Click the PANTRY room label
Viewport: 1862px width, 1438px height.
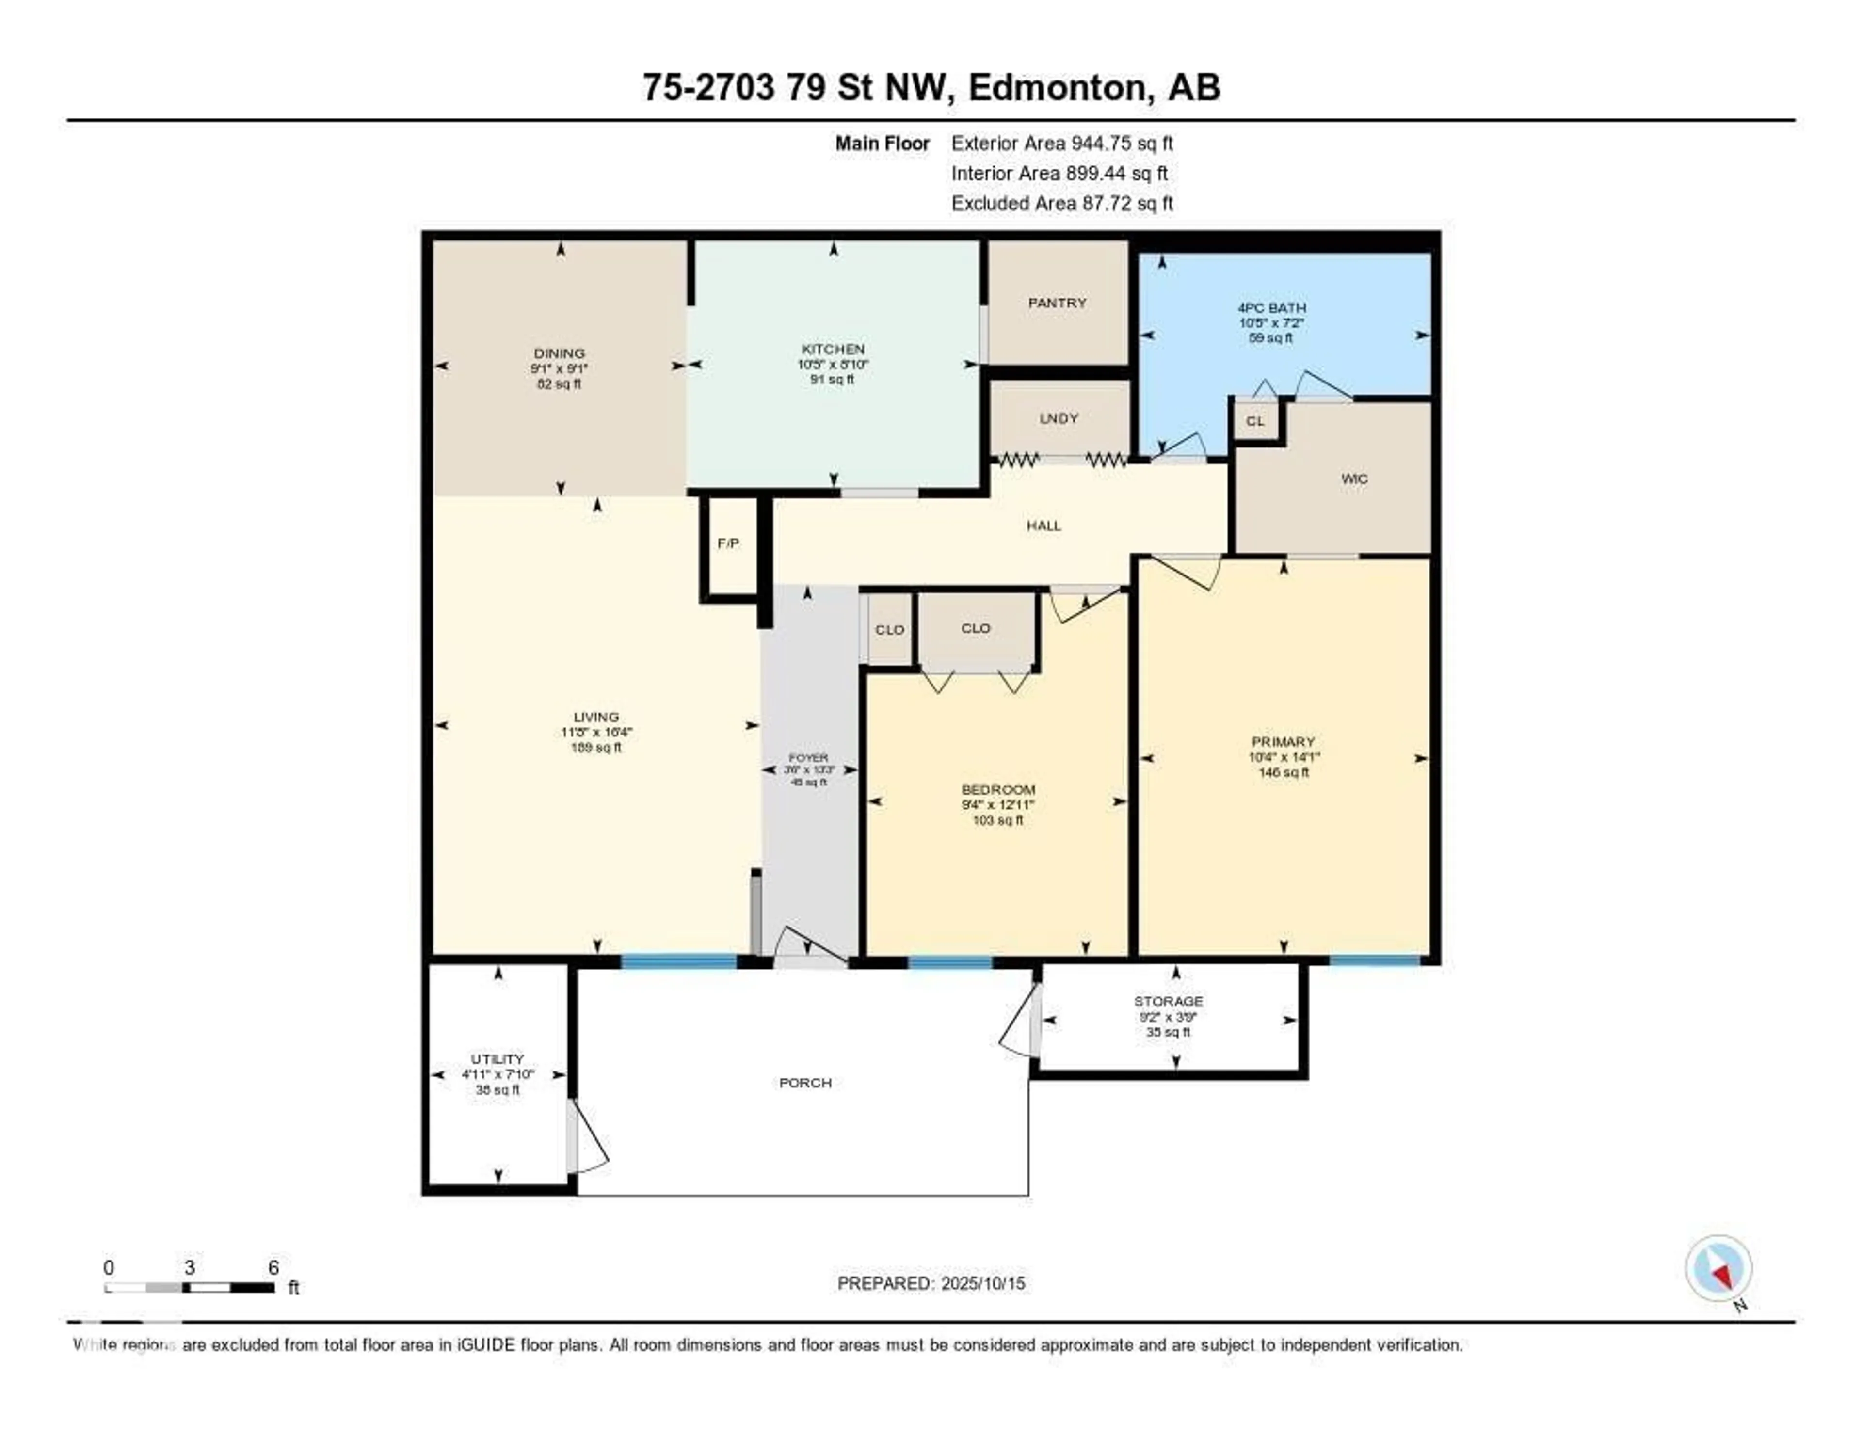click(1057, 303)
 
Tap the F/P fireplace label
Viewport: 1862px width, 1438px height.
click(728, 543)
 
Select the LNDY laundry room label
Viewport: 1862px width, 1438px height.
click(1059, 418)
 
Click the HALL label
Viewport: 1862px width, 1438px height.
click(1043, 526)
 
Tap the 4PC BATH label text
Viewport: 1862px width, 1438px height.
click(1271, 308)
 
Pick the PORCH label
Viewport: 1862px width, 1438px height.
click(805, 1083)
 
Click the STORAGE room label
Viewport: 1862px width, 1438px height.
click(1168, 1001)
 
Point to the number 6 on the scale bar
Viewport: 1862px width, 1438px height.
click(273, 1267)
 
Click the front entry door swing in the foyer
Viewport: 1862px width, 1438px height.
click(810, 946)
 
